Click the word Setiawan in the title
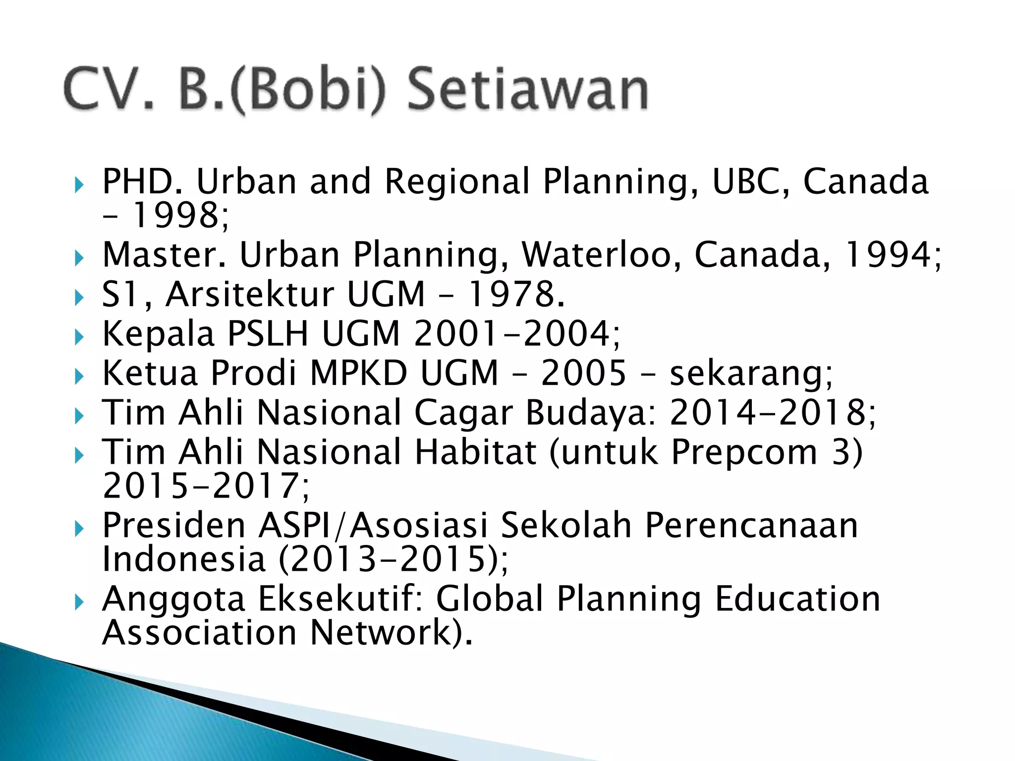pos(527,90)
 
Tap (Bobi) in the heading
pos(307,91)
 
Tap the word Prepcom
pos(743,452)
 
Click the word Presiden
pos(174,525)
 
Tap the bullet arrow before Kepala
pos(79,337)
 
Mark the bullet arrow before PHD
pos(79,185)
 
